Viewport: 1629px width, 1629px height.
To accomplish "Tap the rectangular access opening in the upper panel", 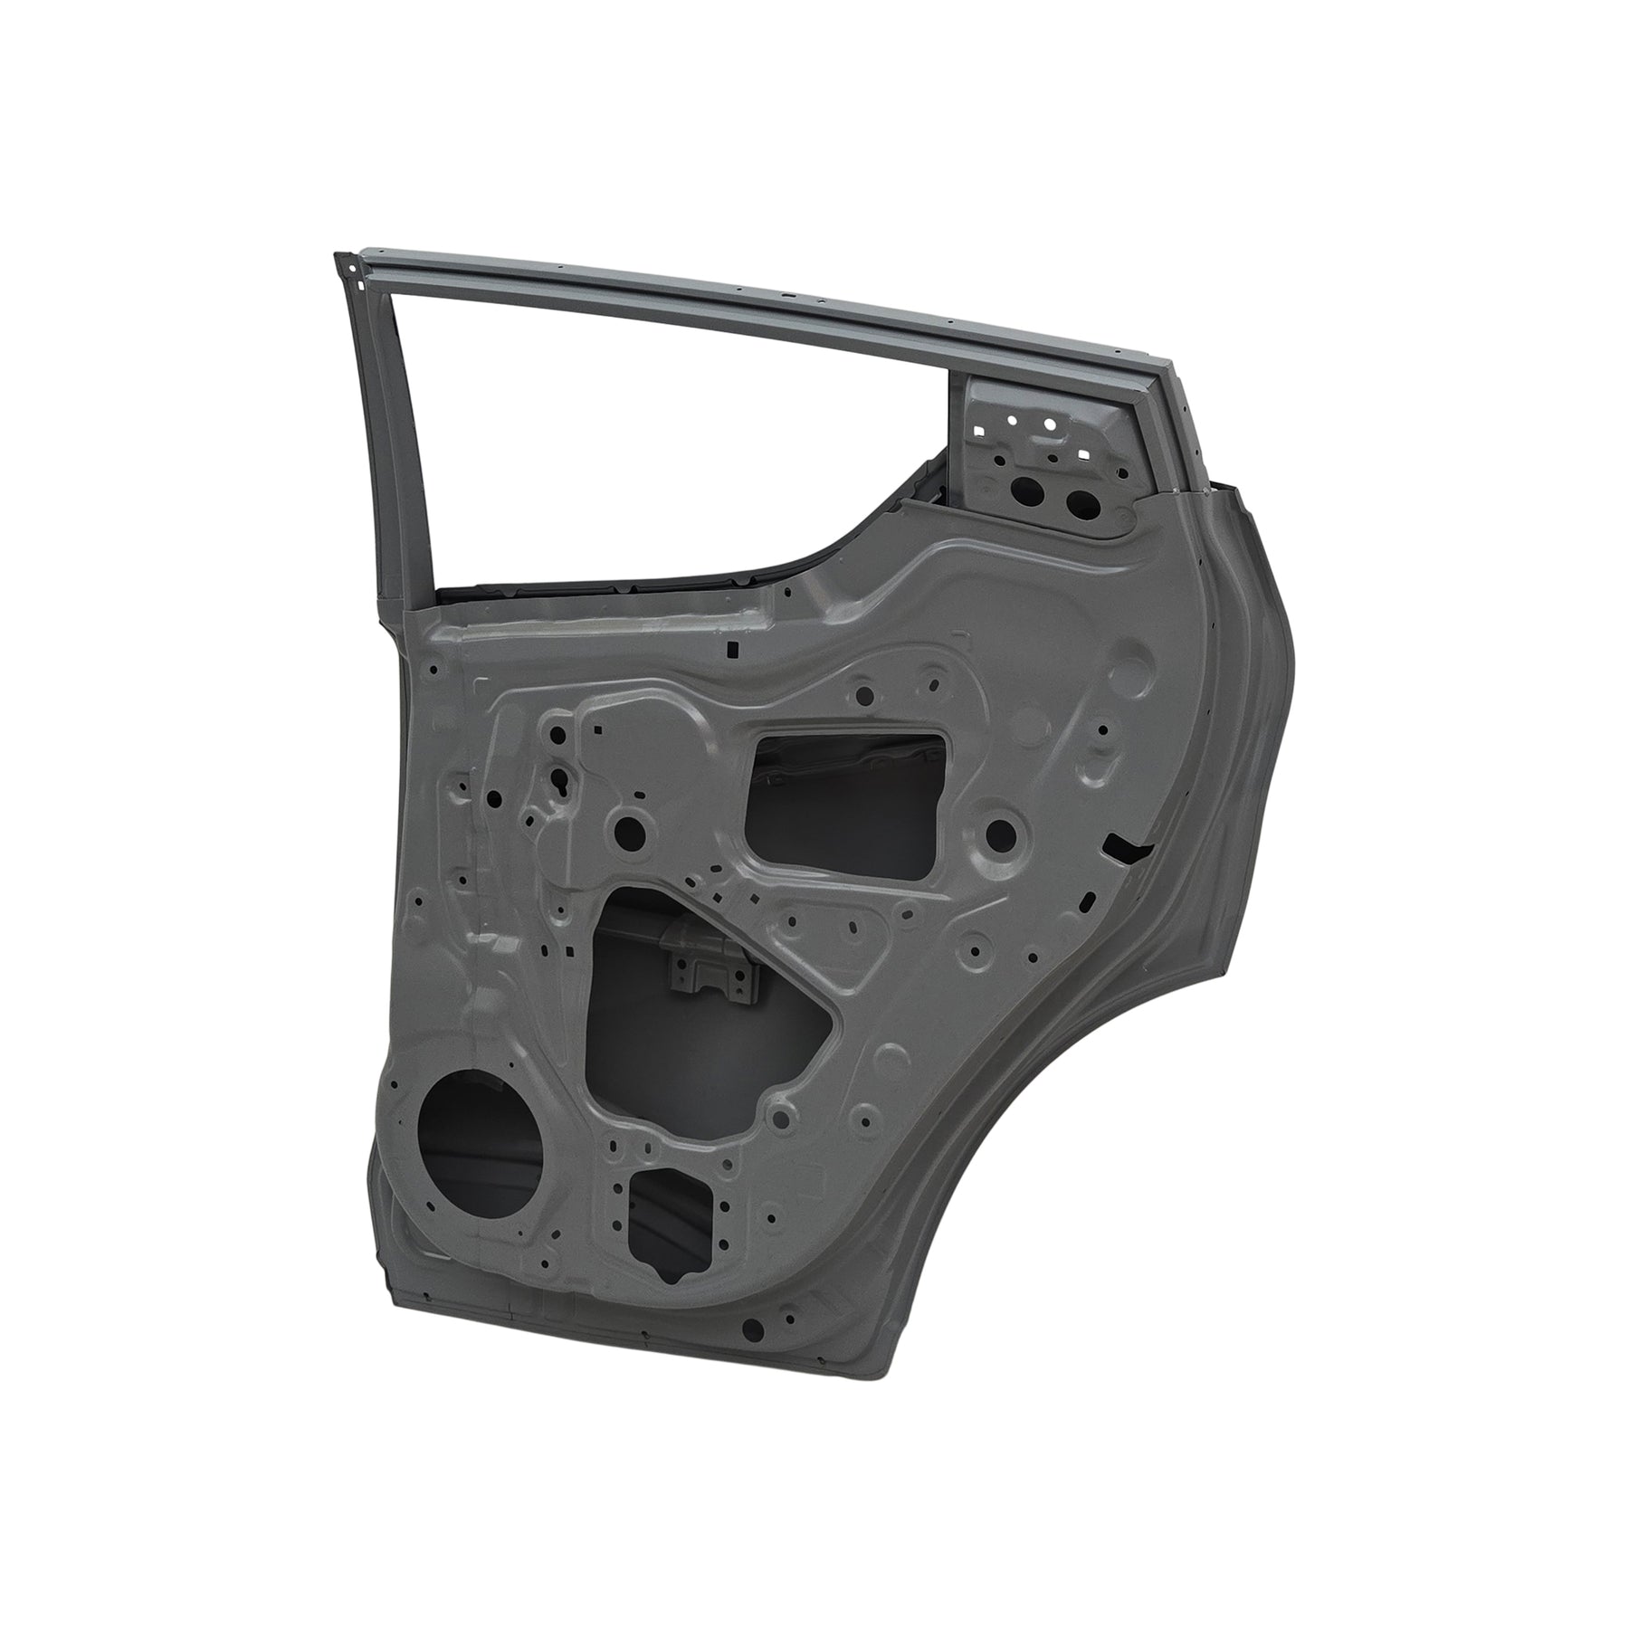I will (846, 805).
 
